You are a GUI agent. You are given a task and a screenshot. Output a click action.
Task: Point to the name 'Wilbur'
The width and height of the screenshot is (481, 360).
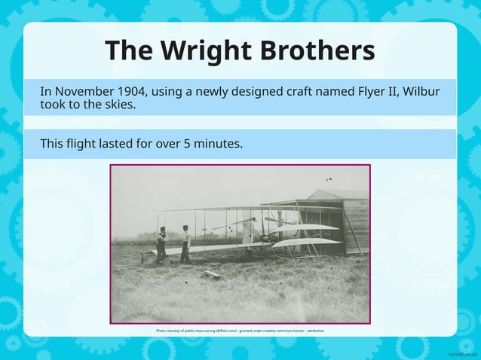[421, 92]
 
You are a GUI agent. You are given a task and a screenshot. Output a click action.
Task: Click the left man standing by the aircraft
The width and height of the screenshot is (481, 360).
[161, 245]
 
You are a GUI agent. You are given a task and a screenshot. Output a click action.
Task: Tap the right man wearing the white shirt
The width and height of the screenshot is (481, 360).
[185, 243]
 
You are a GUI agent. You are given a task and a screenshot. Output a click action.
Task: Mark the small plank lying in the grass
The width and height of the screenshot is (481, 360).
[211, 275]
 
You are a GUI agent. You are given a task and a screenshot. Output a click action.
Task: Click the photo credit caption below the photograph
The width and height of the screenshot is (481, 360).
[240, 331]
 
